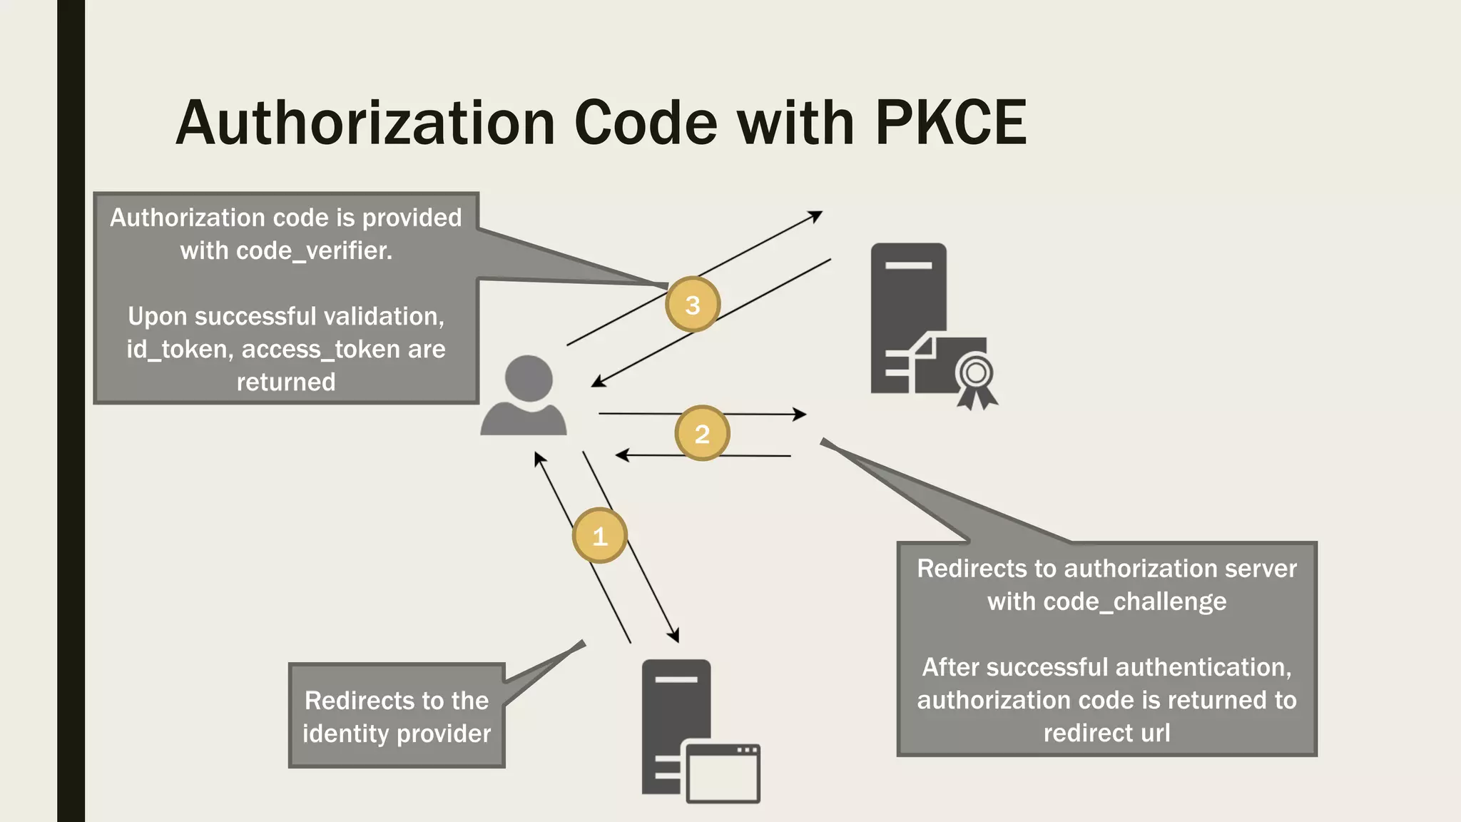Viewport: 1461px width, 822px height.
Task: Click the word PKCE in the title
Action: [x=950, y=123]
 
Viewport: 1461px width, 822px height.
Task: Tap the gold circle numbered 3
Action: [x=692, y=305]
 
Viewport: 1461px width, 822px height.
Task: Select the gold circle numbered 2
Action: [x=702, y=434]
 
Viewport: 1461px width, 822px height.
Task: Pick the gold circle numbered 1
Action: [x=599, y=536]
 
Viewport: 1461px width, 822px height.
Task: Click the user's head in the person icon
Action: [x=529, y=378]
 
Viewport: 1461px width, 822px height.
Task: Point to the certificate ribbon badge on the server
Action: [x=976, y=378]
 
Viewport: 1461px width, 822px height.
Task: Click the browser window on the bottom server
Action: [x=723, y=773]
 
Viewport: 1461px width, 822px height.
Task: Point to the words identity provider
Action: [x=397, y=734]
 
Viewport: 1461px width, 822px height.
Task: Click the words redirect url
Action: [x=1106, y=733]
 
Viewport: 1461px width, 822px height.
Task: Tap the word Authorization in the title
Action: [x=365, y=123]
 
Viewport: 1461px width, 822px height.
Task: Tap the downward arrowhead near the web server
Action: [x=673, y=635]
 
